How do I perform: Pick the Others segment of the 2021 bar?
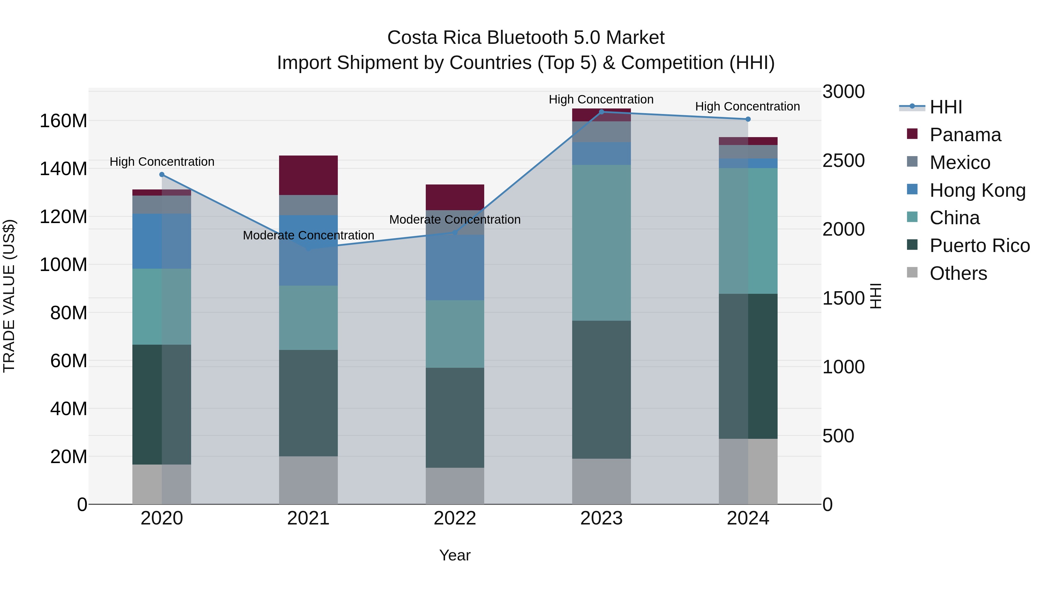(x=308, y=480)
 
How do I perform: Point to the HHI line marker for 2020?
(x=162, y=175)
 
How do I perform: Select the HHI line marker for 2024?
(x=748, y=119)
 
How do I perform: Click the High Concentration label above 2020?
(x=162, y=162)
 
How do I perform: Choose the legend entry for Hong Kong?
(x=977, y=190)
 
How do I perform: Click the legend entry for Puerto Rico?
(x=979, y=246)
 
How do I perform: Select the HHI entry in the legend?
(x=945, y=107)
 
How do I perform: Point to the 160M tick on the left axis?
(x=63, y=121)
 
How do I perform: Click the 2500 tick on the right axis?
(x=843, y=160)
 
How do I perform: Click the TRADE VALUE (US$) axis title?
(x=9, y=296)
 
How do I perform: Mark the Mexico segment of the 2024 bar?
(x=748, y=151)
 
